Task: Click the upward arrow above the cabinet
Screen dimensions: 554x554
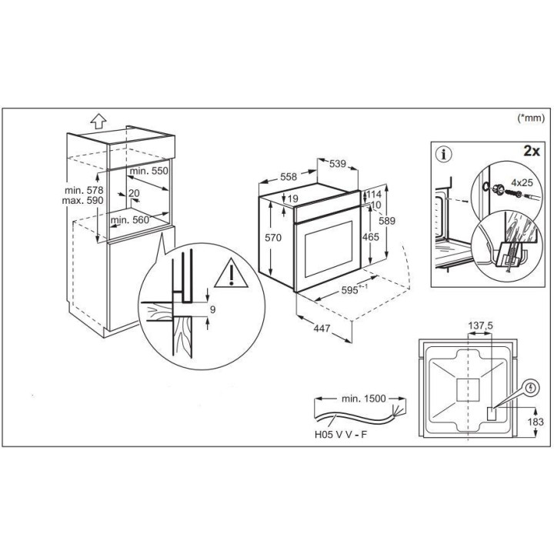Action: (x=98, y=122)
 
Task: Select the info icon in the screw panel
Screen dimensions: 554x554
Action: (x=444, y=155)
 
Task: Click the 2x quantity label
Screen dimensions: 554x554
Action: (x=532, y=152)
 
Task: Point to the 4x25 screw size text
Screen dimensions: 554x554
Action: (x=522, y=182)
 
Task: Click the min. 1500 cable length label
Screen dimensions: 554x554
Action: (x=363, y=399)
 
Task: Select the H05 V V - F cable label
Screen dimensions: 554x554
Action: (x=341, y=434)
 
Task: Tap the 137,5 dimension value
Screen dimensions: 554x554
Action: (x=480, y=325)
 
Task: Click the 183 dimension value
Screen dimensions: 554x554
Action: (x=536, y=422)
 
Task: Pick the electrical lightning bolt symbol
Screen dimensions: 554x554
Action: (x=531, y=389)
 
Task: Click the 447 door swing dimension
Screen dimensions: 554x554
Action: (x=322, y=329)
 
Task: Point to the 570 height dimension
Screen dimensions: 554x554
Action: (x=273, y=238)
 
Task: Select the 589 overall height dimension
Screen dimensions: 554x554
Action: (x=387, y=221)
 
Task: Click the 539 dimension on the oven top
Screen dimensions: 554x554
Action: (x=338, y=164)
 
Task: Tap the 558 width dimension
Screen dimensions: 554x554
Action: (x=289, y=177)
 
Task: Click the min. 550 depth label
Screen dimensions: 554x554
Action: (x=149, y=171)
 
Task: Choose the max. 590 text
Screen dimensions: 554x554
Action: (x=82, y=200)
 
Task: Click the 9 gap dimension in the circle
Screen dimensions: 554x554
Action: (x=212, y=309)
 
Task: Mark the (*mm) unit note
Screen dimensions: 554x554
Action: (x=531, y=118)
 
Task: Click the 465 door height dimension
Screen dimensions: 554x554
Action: (x=371, y=237)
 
